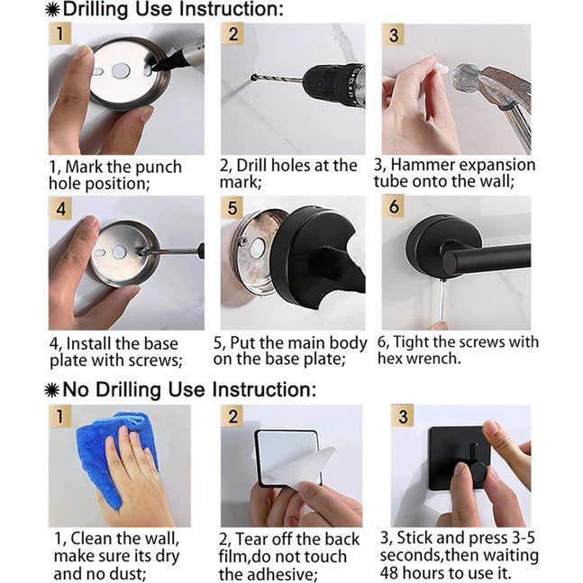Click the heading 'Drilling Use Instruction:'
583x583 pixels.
pyautogui.click(x=171, y=11)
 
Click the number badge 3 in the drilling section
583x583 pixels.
pyautogui.click(x=394, y=36)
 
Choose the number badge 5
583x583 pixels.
pyautogui.click(x=233, y=208)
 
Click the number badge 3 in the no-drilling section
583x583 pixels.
pyautogui.click(x=403, y=416)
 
